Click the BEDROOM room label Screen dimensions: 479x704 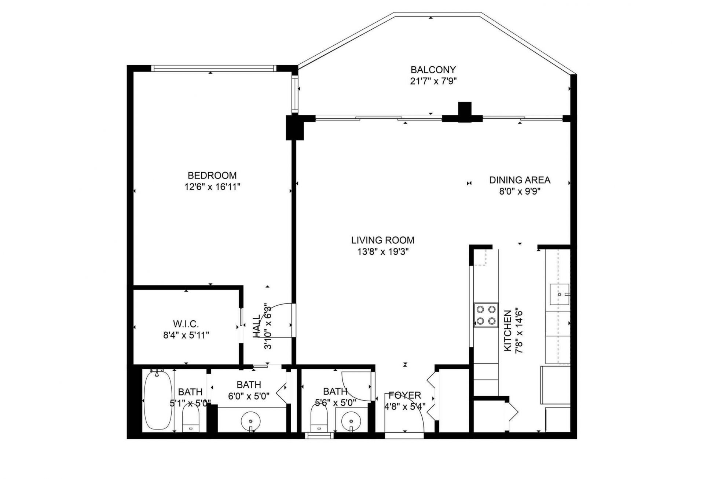(212, 175)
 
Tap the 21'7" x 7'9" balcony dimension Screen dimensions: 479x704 (433, 81)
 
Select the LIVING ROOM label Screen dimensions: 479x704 (382, 240)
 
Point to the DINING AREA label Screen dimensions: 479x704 (520, 180)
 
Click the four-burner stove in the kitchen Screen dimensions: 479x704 (486, 315)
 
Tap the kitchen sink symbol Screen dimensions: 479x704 (559, 294)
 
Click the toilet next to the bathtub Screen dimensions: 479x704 (190, 420)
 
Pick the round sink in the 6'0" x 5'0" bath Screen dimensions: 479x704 (251, 420)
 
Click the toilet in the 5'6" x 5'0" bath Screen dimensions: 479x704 (318, 420)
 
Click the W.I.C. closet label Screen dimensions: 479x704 (186, 324)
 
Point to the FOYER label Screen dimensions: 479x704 (404, 395)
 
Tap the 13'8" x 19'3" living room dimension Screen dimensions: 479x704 (382, 252)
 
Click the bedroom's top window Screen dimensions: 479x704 (213, 68)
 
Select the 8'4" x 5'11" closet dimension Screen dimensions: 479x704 (186, 335)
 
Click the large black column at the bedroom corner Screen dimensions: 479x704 (295, 127)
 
